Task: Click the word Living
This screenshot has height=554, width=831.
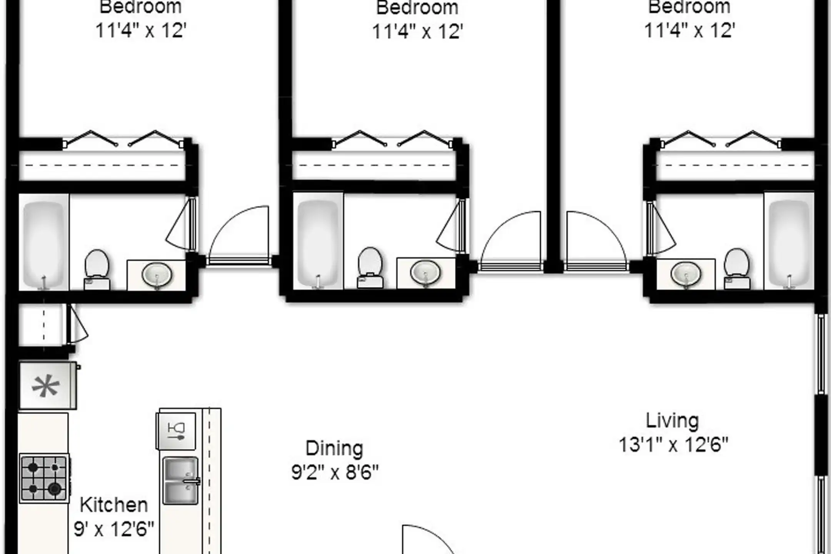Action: pyautogui.click(x=672, y=421)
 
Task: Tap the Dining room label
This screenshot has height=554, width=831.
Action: pyautogui.click(x=334, y=449)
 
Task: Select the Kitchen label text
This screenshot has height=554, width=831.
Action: pyautogui.click(x=114, y=505)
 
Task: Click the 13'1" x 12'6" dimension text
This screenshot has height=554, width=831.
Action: pyautogui.click(x=673, y=445)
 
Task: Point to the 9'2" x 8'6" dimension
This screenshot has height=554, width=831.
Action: pyautogui.click(x=335, y=472)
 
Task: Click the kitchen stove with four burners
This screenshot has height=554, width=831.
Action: pyautogui.click(x=44, y=478)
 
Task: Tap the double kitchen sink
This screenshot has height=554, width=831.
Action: pyautogui.click(x=181, y=481)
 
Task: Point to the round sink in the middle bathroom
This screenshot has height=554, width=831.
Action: pyautogui.click(x=425, y=273)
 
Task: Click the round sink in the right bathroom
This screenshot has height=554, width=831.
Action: pyautogui.click(x=686, y=274)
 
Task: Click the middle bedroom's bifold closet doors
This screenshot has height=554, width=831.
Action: pyautogui.click(x=392, y=139)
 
